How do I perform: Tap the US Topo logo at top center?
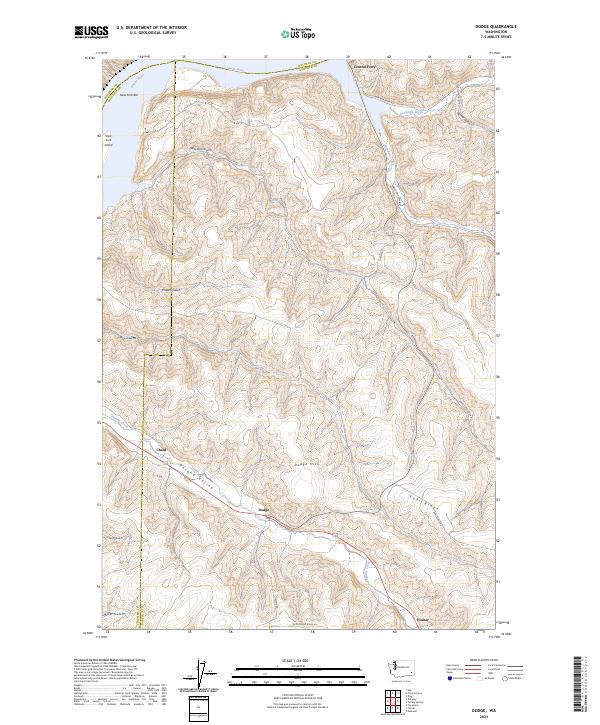click(x=287, y=33)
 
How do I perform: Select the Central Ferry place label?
click(x=362, y=68)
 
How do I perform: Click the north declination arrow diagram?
click(x=201, y=675)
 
